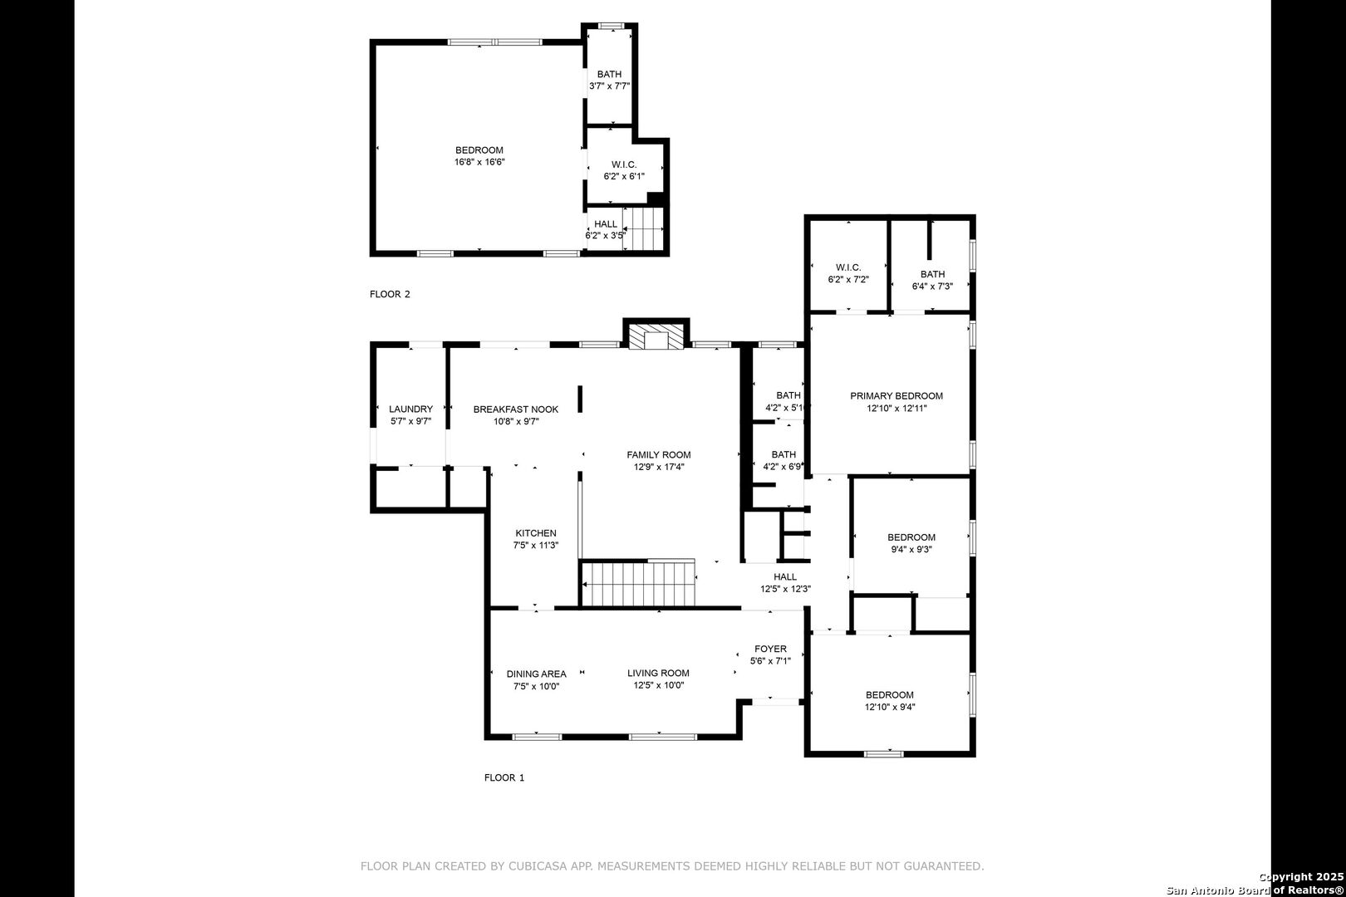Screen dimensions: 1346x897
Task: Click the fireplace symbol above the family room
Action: tap(656, 336)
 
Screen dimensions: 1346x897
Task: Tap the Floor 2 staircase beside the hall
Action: tap(643, 229)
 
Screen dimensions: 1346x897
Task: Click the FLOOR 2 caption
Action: tap(390, 294)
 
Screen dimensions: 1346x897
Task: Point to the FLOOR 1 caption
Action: tap(504, 777)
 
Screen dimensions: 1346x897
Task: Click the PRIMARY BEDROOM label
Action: tap(897, 396)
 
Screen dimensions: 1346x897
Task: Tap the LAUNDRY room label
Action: tap(411, 409)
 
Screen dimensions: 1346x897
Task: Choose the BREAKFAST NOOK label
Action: tap(516, 409)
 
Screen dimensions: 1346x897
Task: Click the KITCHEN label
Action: tap(536, 533)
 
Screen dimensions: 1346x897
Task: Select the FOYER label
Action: tap(770, 649)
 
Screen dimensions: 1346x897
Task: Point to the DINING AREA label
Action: tap(537, 674)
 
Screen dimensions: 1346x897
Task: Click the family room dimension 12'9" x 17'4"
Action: tap(659, 467)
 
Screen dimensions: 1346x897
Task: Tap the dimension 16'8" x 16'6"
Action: tap(479, 162)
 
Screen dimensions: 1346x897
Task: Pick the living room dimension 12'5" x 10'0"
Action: tap(659, 685)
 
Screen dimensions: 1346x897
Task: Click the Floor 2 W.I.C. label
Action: tap(624, 164)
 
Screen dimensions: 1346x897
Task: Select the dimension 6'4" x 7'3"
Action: tap(932, 286)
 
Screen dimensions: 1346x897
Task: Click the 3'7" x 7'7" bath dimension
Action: tap(609, 86)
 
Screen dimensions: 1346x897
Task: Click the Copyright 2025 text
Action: tap(1301, 876)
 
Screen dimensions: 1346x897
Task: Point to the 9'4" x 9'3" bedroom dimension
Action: tap(911, 549)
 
